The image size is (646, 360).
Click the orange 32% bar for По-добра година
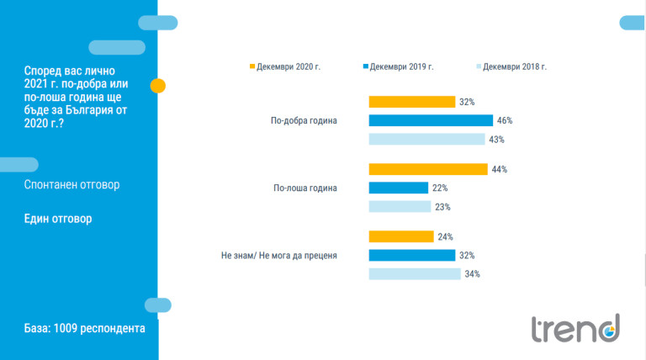point(412,102)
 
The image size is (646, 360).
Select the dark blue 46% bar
point(431,120)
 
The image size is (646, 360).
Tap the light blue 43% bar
point(426,140)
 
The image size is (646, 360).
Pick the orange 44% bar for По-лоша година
point(428,169)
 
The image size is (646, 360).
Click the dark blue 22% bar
point(399,188)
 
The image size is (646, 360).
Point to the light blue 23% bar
point(400,206)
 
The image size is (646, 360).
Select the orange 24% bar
point(401,236)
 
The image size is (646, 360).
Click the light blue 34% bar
point(415,274)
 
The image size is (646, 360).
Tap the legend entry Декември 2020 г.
point(285,66)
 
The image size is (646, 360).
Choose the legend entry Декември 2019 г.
point(399,66)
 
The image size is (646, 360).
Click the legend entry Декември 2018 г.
point(511,66)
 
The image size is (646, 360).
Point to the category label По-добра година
point(304,120)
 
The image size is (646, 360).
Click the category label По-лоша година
point(305,188)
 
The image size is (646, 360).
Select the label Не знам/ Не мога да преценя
point(279,256)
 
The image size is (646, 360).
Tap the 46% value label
point(505,120)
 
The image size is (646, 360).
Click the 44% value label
point(500,169)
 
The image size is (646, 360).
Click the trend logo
point(575,328)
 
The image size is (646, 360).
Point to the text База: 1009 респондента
point(84,328)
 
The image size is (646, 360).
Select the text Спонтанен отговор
point(71,184)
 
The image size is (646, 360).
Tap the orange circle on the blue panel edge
point(158,86)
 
